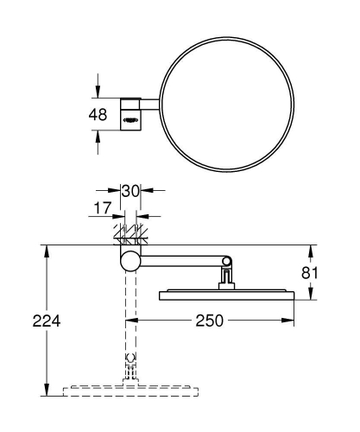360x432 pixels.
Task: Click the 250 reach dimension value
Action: pos(209,321)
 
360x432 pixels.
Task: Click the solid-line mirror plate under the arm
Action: pos(227,295)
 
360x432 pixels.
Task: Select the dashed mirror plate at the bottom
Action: pos(129,391)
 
